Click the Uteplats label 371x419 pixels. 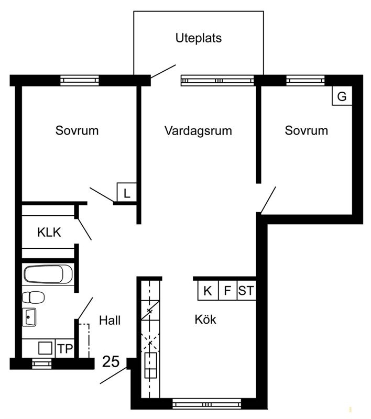199,38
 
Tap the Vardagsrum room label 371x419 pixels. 198,131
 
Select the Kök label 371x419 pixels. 205,319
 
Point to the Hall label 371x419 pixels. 110,320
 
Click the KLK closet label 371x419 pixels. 49,232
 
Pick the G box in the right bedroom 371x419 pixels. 342,96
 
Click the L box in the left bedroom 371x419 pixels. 127,192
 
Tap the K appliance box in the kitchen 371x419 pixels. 208,290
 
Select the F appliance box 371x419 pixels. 227,290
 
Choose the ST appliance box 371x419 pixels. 246,290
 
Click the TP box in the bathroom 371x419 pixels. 65,348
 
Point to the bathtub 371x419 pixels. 48,274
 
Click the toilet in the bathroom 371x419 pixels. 33,297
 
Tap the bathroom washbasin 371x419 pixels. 29,317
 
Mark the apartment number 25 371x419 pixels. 111,361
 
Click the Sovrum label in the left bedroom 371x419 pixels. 77,130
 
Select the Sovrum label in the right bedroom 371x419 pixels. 307,130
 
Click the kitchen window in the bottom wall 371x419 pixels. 207,403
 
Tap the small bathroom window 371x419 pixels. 42,363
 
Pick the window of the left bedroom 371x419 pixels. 80,81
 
